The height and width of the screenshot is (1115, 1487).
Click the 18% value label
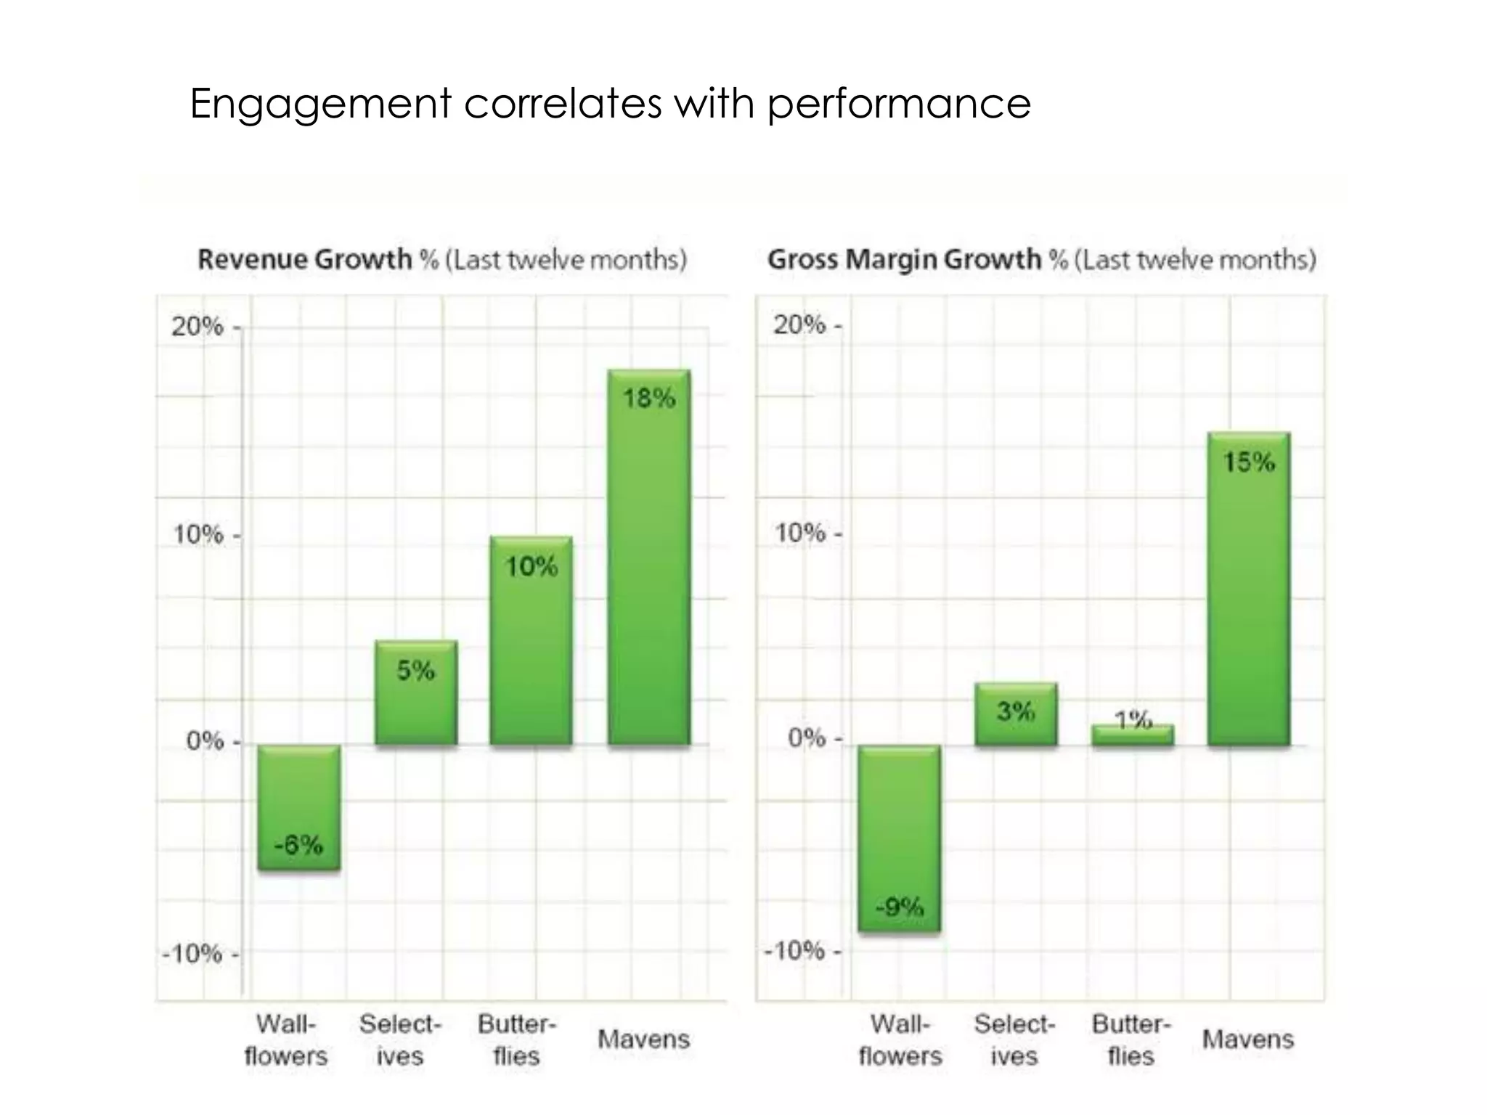(649, 398)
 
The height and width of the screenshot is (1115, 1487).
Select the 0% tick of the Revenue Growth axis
(205, 741)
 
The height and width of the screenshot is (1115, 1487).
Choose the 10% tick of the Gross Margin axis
(800, 534)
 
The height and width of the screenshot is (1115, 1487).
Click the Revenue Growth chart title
(441, 259)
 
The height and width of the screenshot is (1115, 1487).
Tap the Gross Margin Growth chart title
(1041, 259)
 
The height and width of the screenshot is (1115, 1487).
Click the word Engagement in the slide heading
(320, 104)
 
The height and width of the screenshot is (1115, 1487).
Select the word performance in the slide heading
(899, 104)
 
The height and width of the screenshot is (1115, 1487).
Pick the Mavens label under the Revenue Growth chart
(643, 1039)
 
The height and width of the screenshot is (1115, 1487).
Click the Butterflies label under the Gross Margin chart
(1131, 1040)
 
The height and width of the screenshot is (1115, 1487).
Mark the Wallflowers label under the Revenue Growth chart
(286, 1040)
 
